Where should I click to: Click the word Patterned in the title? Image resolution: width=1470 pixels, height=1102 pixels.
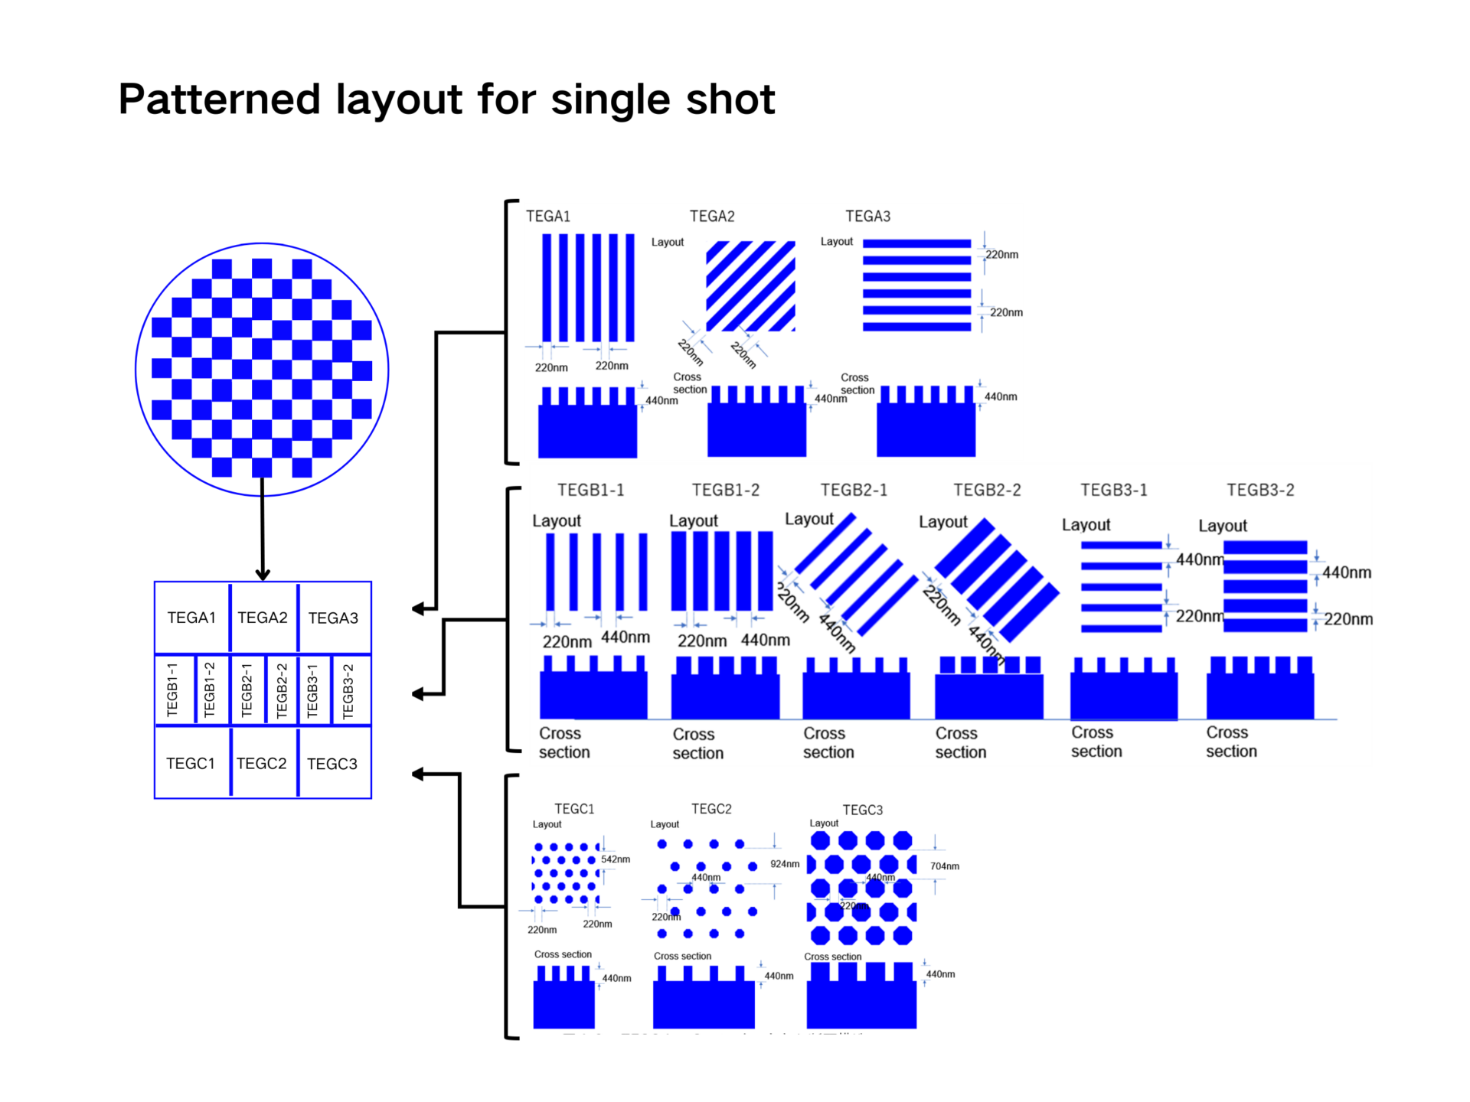[217, 99]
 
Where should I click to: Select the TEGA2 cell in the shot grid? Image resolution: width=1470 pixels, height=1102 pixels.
[263, 618]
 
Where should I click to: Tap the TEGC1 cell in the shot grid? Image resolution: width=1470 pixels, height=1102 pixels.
[191, 764]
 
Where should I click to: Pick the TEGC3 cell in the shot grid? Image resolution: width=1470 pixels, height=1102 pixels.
[332, 764]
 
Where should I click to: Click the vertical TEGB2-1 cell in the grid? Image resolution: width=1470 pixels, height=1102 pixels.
[247, 690]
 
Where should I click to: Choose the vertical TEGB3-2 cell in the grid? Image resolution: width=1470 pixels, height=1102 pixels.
[348, 690]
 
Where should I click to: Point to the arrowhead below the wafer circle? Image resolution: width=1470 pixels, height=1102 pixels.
[263, 574]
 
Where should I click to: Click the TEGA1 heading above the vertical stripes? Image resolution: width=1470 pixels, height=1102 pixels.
[548, 217]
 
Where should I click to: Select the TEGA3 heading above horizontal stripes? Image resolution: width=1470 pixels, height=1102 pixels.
[867, 217]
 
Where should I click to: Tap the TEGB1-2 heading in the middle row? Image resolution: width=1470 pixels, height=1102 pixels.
[726, 490]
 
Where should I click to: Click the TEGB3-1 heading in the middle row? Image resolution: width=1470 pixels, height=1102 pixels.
[1114, 490]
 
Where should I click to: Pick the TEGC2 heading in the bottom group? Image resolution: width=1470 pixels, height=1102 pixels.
[711, 809]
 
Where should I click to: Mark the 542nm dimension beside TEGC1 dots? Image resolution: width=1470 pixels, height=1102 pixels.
[616, 859]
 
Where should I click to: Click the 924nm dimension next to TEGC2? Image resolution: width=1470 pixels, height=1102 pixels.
[785, 864]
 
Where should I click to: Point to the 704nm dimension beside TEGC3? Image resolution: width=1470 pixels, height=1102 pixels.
[945, 866]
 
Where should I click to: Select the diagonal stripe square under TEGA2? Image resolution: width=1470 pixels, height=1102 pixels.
[750, 286]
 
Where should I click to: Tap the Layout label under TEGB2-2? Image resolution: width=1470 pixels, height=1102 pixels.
[943, 522]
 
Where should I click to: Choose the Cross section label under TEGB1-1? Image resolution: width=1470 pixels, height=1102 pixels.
[564, 742]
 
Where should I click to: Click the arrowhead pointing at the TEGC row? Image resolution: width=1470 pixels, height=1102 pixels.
[418, 774]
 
